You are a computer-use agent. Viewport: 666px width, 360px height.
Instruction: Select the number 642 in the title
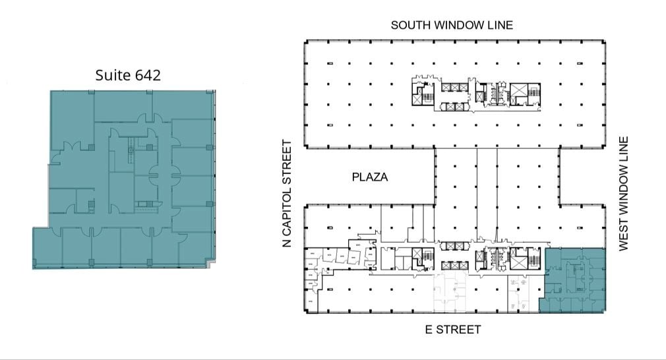[x=147, y=75]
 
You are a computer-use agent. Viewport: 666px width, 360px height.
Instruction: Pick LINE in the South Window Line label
[x=500, y=25]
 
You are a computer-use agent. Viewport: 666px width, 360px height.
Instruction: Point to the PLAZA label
[x=369, y=177]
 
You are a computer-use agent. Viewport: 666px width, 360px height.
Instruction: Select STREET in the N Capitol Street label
[x=287, y=161]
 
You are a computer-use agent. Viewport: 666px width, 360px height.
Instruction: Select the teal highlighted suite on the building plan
[x=572, y=280]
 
